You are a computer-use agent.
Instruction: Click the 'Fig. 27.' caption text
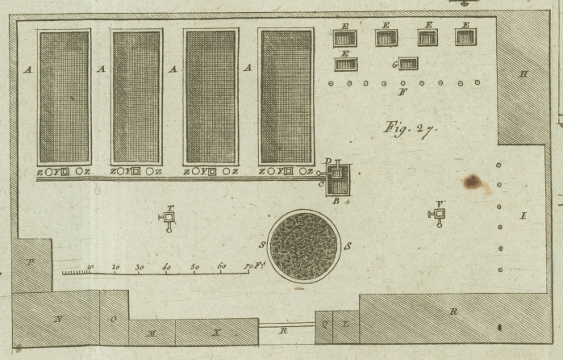[x=410, y=128]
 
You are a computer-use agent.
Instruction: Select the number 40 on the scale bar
[x=167, y=266]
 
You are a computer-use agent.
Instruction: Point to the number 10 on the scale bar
[x=90, y=266]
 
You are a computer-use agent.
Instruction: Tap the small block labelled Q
[x=324, y=325]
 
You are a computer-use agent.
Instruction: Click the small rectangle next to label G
[x=408, y=64]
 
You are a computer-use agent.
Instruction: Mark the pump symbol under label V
[x=439, y=214]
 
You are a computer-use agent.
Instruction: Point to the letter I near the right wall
[x=523, y=216]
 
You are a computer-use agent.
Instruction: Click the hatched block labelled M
[x=152, y=332]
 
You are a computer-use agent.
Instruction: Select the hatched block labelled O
[x=114, y=319]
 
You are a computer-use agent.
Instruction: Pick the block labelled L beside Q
[x=345, y=325]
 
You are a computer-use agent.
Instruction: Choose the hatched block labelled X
[x=216, y=332]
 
